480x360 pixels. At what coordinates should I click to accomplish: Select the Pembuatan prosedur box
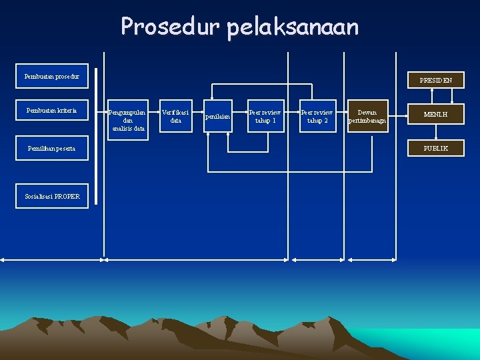pyautogui.click(x=52, y=77)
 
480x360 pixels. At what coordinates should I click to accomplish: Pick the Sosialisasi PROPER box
pyautogui.click(x=52, y=196)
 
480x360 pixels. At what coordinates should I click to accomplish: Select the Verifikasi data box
pyautogui.click(x=176, y=116)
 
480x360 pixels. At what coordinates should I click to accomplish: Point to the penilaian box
pyautogui.click(x=218, y=117)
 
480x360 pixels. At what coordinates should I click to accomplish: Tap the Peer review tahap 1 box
pyautogui.click(x=265, y=116)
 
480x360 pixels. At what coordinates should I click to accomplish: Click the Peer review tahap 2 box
pyautogui.click(x=317, y=116)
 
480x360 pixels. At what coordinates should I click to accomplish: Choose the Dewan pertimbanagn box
pyautogui.click(x=367, y=116)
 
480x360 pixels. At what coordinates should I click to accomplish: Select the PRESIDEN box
pyautogui.click(x=436, y=81)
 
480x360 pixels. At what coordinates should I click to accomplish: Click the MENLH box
pyautogui.click(x=436, y=115)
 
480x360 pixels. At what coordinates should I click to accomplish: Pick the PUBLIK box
pyautogui.click(x=436, y=148)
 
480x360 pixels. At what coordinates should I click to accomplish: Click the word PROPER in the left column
pyautogui.click(x=67, y=196)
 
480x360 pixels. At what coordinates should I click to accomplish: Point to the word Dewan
pyautogui.click(x=367, y=112)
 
